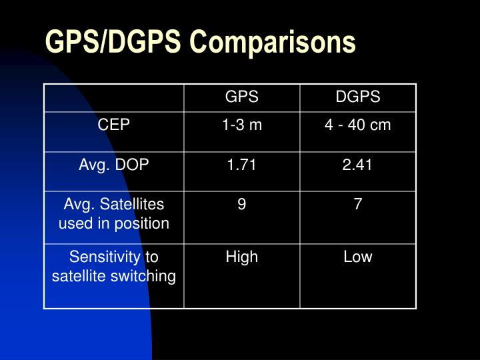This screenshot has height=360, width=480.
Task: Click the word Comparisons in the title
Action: (x=273, y=42)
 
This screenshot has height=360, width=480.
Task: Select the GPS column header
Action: (x=241, y=97)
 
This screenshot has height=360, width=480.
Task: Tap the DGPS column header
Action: (x=358, y=97)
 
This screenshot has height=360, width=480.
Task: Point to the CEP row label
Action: (x=114, y=125)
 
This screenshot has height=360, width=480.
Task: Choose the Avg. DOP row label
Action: (x=114, y=165)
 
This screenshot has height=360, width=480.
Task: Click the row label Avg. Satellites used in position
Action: (x=114, y=214)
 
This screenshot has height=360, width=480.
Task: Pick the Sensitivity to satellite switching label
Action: (x=114, y=266)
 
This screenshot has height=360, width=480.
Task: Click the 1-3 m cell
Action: (x=242, y=125)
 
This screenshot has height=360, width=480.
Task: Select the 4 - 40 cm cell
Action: (x=358, y=125)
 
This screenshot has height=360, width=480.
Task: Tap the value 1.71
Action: (x=241, y=165)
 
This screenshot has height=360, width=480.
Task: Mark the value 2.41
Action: (x=358, y=165)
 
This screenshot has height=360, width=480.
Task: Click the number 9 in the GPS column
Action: (x=241, y=205)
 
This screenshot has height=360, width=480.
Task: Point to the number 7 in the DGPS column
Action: (x=358, y=205)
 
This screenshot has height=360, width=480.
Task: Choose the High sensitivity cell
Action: (x=241, y=257)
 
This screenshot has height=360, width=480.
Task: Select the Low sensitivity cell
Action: (x=358, y=257)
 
